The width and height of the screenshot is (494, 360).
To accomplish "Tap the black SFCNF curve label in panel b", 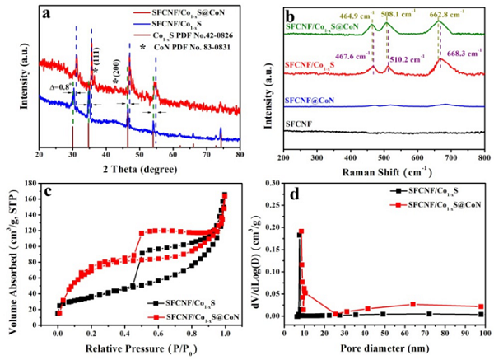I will click(x=301, y=122).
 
